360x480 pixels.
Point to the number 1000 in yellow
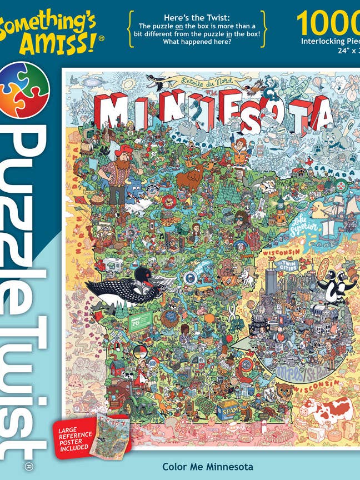(328, 23)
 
